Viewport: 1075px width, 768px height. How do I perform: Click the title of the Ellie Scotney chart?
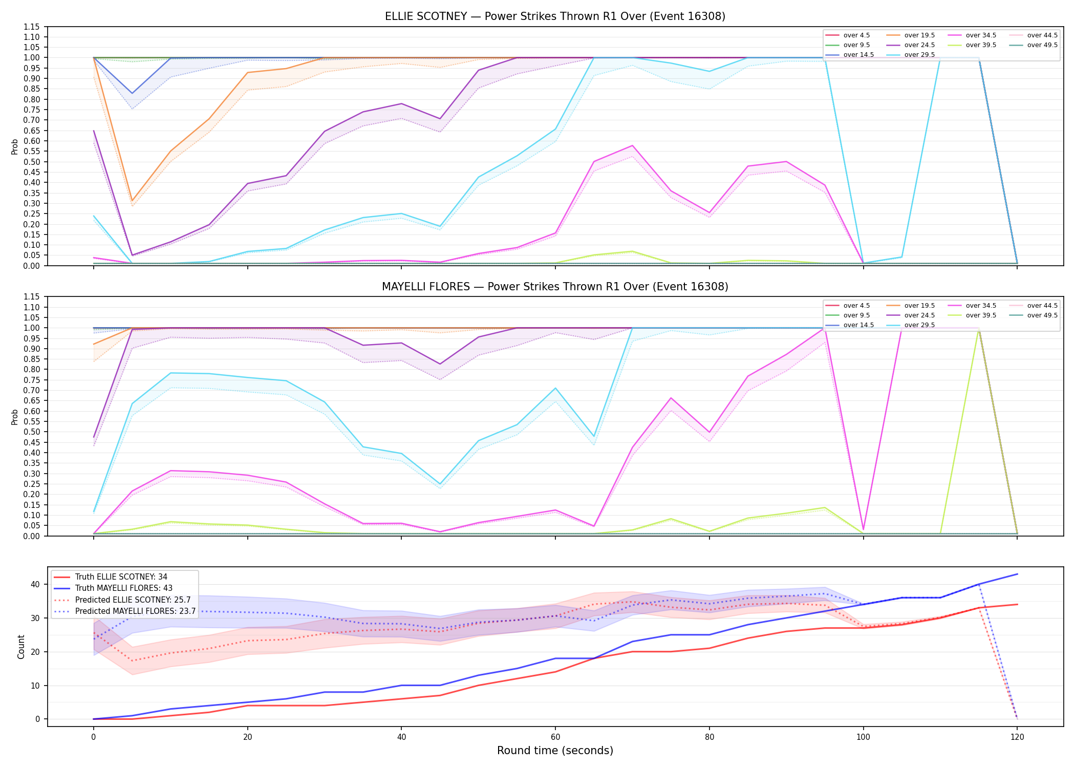click(555, 16)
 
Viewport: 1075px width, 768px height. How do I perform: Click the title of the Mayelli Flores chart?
click(555, 287)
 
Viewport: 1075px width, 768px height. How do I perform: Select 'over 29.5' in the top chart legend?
click(919, 55)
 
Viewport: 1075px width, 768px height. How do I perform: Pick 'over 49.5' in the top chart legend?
click(1042, 45)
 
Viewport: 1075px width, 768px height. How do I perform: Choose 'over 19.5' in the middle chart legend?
click(919, 306)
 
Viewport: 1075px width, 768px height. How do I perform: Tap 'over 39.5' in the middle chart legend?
click(981, 315)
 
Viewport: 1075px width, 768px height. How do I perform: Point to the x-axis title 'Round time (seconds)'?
click(555, 751)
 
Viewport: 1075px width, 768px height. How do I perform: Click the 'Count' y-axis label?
click(21, 647)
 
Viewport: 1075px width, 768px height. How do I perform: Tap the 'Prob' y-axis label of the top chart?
click(14, 146)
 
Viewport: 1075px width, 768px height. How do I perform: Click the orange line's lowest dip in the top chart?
click(132, 201)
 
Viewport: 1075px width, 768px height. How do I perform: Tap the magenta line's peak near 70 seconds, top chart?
click(632, 145)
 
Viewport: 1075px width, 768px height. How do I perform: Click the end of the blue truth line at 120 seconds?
click(1017, 574)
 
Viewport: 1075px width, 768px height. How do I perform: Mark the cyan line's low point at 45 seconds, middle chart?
click(440, 484)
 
